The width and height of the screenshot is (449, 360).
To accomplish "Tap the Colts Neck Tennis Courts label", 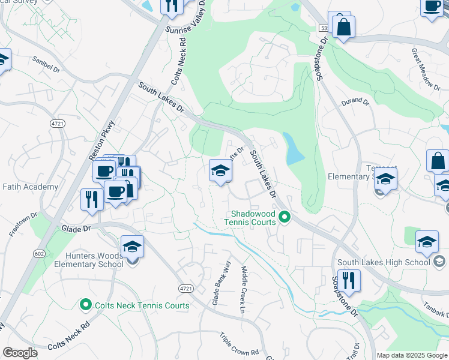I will pyautogui.click(x=142, y=305).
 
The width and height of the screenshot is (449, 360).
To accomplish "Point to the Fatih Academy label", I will pyautogui.click(x=29, y=187).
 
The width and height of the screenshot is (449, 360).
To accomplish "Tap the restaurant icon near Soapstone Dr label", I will pyautogui.click(x=348, y=280).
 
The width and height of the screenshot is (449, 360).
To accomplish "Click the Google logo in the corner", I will pyautogui.click(x=20, y=353).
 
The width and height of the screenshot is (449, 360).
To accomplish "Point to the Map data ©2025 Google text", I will pyautogui.click(x=412, y=355).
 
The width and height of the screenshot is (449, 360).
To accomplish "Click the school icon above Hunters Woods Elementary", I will pyautogui.click(x=132, y=246).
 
